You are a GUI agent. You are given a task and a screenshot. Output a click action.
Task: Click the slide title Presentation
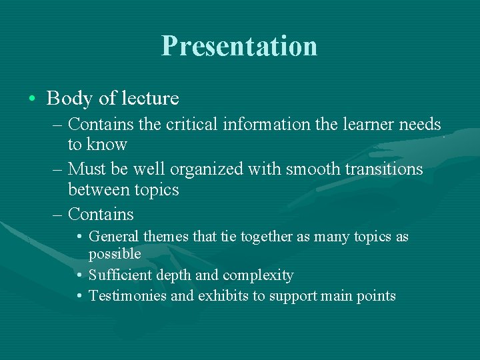click(239, 46)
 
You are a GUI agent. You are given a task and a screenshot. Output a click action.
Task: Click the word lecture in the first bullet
click(150, 99)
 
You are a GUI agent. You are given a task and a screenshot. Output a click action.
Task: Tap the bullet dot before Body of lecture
click(32, 99)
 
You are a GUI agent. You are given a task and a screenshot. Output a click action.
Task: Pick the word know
click(107, 145)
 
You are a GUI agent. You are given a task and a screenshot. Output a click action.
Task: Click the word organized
click(209, 169)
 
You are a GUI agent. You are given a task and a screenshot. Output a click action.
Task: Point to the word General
click(111, 237)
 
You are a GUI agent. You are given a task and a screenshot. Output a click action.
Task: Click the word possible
click(115, 254)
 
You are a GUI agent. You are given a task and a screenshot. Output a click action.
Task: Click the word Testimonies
click(127, 296)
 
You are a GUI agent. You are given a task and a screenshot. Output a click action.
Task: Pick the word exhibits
click(223, 296)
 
